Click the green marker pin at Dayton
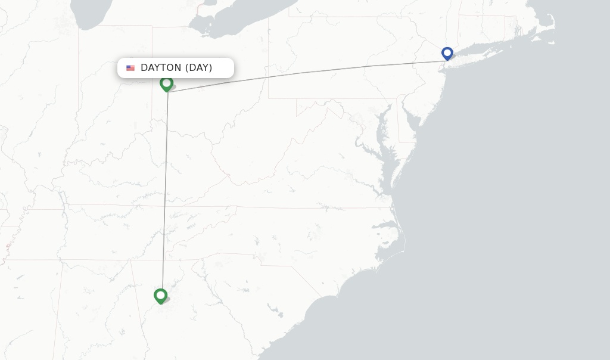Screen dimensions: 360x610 (x=166, y=83)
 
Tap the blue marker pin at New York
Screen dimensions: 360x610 (x=447, y=53)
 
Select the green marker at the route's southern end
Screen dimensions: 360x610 (x=160, y=295)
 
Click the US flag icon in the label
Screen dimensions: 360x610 (x=130, y=68)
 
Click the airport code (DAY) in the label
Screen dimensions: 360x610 (x=198, y=68)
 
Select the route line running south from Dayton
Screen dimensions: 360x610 (x=165, y=191)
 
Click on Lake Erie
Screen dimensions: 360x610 (x=238, y=24)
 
